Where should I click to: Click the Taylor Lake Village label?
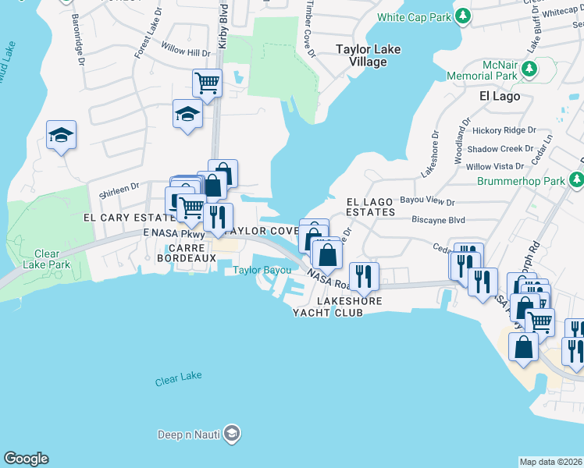368,55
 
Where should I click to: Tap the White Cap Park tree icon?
463,16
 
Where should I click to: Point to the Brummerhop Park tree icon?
576,181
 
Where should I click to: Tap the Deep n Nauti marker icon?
231,434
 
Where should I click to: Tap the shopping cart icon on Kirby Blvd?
207,82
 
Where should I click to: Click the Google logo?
26,459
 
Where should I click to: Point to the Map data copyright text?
550,462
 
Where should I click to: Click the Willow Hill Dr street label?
184,53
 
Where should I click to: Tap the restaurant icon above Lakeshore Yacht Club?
364,275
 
